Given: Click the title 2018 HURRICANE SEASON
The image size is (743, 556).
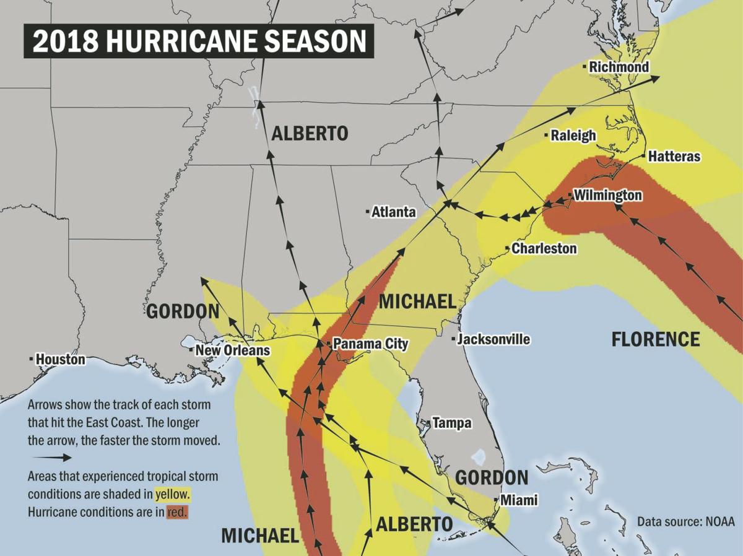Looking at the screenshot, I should point(199,41).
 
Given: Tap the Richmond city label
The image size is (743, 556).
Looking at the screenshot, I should point(619,66).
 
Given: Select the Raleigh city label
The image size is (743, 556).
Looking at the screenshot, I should point(573,135).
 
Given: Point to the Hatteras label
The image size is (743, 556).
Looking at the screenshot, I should point(674,157).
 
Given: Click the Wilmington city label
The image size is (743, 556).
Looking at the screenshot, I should point(607,196).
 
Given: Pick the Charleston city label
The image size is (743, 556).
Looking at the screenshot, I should point(544,248).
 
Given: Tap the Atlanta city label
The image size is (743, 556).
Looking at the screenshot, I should point(394,212).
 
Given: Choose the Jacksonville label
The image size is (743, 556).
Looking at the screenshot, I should point(493,339).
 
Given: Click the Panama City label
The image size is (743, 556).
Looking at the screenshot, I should point(370,343).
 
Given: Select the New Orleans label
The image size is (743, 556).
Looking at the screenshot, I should point(232,350).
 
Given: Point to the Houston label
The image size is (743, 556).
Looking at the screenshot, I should point(60,358).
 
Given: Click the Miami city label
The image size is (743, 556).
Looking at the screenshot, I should point(519,500).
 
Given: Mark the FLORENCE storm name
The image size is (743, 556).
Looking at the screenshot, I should point(656,339).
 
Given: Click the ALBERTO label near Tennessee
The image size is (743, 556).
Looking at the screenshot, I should point(310,133).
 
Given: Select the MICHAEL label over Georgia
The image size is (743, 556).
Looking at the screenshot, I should point(417,302).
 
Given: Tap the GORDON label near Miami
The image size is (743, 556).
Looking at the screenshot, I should point(492,477).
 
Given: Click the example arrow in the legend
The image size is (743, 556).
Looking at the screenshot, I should point(51,458).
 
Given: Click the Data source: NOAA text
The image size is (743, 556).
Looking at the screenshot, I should point(686,521).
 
